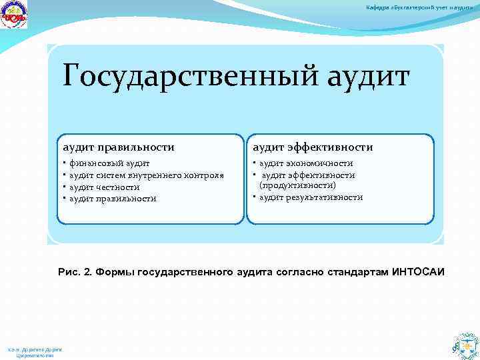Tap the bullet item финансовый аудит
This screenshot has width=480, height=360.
pos(109,163)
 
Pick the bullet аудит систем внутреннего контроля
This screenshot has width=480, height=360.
pos(147,175)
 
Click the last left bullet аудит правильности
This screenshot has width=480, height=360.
pos(113,199)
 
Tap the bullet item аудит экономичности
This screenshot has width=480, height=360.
pos(306,163)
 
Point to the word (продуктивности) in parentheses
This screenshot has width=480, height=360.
pos(297,185)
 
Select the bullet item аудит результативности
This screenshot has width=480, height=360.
pos(311,197)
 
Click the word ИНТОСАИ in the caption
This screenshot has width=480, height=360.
pos(421,273)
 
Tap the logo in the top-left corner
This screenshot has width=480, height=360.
pos(15,15)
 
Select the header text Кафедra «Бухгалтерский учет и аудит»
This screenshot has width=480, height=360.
pos(423,7)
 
